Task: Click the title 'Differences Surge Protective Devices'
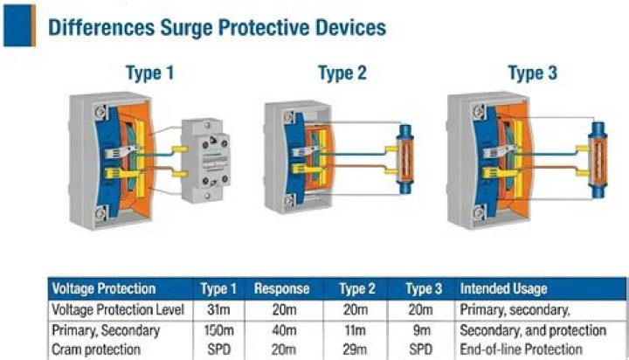[216, 27]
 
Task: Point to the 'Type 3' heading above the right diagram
[532, 73]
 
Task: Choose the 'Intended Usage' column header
[505, 289]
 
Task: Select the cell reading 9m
[421, 330]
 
